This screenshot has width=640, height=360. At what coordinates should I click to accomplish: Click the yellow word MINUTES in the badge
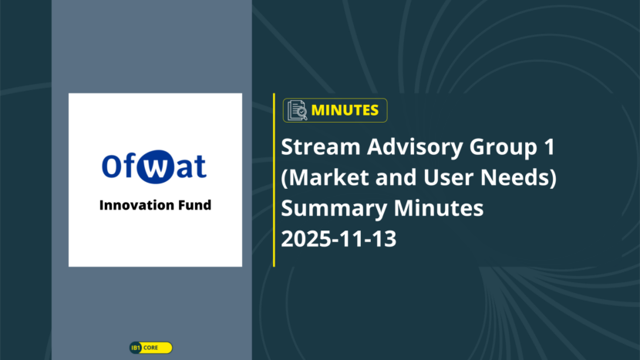coord(345,110)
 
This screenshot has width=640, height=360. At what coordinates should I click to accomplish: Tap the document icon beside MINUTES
coord(297,110)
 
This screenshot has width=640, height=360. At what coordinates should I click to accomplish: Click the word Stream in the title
coord(321,146)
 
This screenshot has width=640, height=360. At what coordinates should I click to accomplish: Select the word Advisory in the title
coord(415,148)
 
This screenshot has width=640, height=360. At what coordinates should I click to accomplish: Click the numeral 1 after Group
coord(550,146)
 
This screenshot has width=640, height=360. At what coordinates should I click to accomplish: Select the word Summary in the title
coord(334,209)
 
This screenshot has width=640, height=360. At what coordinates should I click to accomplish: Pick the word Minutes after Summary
coord(439,208)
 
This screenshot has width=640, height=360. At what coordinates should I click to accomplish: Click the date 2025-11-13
coord(339,239)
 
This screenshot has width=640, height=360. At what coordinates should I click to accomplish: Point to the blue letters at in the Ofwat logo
coord(191,167)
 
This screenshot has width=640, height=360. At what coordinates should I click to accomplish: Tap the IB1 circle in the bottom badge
coord(136,348)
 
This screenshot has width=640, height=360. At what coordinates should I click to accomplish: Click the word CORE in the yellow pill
coord(150,348)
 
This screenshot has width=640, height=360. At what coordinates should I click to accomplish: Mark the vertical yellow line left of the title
coord(274,180)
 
